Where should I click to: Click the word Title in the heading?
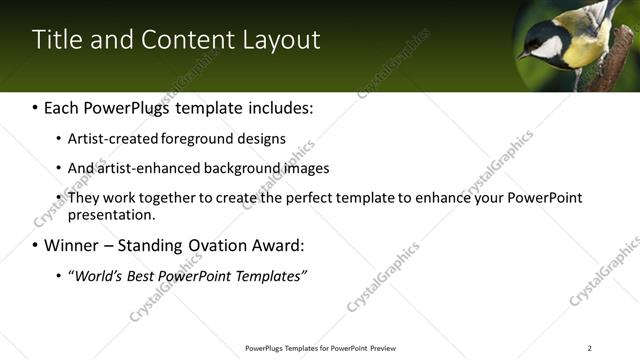[x=55, y=40]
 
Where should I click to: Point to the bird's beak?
[x=522, y=55]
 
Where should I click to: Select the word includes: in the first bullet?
[x=281, y=106]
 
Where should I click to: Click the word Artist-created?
[x=108, y=138]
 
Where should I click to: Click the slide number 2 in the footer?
[x=590, y=348]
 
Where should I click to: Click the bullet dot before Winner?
[x=36, y=245]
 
